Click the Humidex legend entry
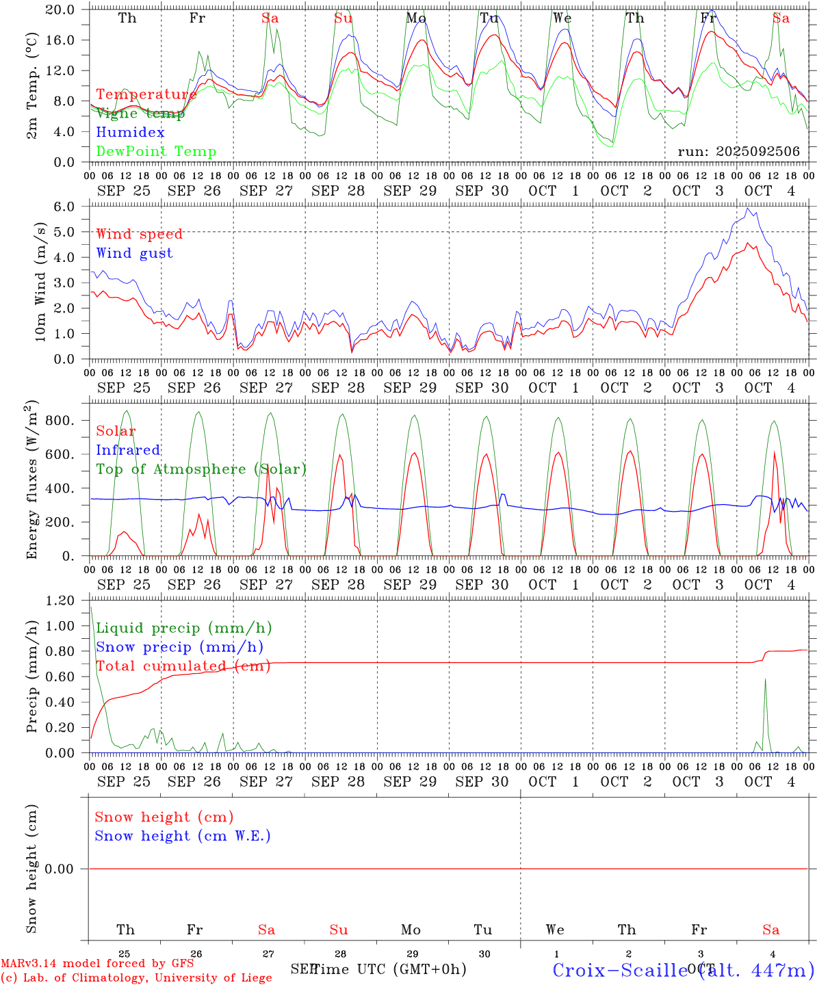pyautogui.click(x=130, y=133)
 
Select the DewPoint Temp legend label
pyautogui.click(x=156, y=152)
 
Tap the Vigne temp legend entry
pyautogui.click(x=140, y=114)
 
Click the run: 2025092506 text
pyautogui.click(x=738, y=152)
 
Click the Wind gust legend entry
pyautogui.click(x=134, y=253)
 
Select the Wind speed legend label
pyautogui.click(x=140, y=234)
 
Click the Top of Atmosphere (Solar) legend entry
pyautogui.click(x=201, y=469)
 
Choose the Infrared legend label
pyautogui.click(x=128, y=450)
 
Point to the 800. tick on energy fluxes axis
pyautogui.click(x=60, y=421)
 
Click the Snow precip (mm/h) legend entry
pyautogui.click(x=179, y=647)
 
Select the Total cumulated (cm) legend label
pyautogui.click(x=183, y=666)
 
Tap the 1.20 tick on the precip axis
pyautogui.click(x=60, y=601)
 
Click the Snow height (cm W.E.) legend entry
pyautogui.click(x=183, y=836)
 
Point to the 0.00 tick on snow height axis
pyautogui.click(x=60, y=869)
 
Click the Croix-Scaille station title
pyautogui.click(x=683, y=970)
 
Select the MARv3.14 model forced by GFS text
pyautogui.click(x=97, y=964)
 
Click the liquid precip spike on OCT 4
pyautogui.click(x=765, y=679)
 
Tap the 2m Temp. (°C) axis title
pyautogui.click(x=32, y=86)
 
